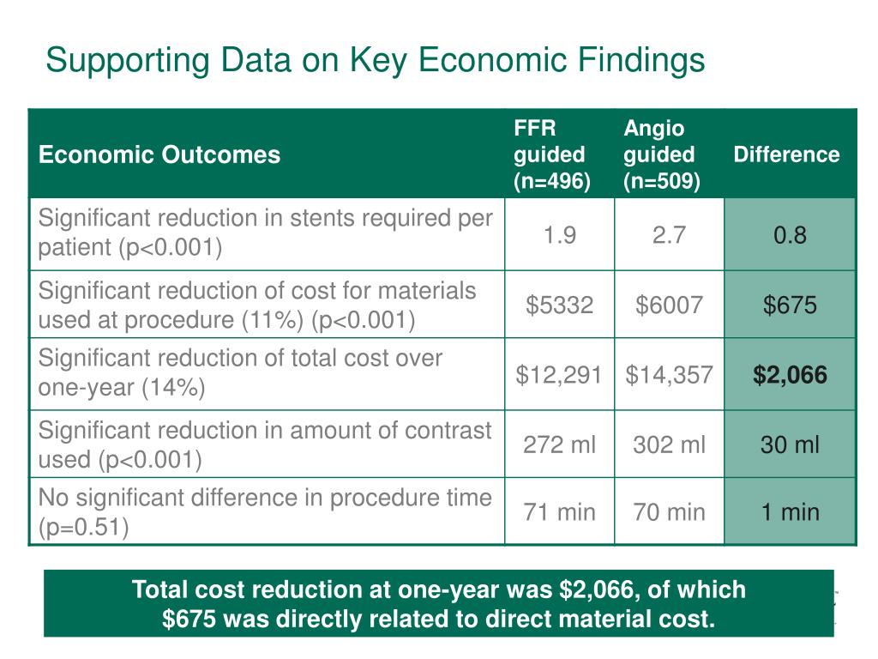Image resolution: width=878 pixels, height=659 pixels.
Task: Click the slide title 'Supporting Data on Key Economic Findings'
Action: [375, 61]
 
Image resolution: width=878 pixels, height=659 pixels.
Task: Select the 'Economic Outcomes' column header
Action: [159, 154]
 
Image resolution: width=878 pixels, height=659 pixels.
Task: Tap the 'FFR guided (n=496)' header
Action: [550, 154]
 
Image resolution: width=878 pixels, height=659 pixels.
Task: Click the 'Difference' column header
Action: [786, 154]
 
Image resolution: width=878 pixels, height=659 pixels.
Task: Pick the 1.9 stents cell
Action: [559, 235]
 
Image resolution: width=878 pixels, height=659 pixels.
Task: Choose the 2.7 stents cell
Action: [669, 235]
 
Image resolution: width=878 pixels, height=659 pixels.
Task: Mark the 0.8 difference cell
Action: [790, 235]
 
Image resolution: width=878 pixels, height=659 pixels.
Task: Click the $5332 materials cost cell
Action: [559, 305]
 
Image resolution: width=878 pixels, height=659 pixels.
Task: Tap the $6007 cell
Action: [669, 305]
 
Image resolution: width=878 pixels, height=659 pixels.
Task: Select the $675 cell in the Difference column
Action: [790, 305]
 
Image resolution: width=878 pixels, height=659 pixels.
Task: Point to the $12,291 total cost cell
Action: [559, 374]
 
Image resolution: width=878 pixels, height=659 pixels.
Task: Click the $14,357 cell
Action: [669, 374]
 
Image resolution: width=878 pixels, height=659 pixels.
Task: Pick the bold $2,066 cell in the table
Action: [790, 374]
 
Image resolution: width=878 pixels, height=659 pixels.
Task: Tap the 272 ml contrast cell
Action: [559, 444]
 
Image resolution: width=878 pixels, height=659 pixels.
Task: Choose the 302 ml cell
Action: [669, 444]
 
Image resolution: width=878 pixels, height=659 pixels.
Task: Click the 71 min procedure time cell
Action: [559, 512]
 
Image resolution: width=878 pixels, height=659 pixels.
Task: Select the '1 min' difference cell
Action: [790, 512]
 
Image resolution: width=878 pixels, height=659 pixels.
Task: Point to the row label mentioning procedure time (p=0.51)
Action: [265, 512]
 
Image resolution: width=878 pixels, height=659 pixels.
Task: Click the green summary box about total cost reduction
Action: [438, 604]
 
